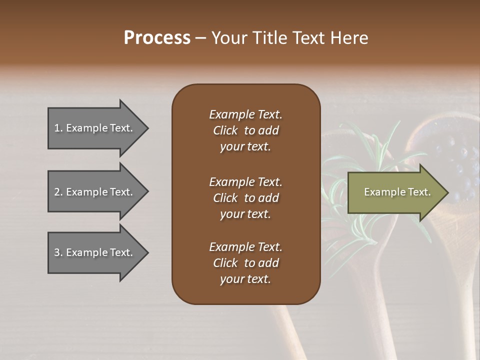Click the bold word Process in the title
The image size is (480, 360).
(157, 38)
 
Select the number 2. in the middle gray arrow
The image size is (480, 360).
(58, 192)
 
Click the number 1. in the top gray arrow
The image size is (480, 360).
(58, 128)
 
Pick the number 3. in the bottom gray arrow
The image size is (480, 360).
(58, 252)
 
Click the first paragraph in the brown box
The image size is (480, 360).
(245, 130)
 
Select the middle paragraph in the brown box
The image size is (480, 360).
(245, 198)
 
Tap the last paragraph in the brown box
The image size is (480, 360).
(245, 263)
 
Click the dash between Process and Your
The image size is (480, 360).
(200, 38)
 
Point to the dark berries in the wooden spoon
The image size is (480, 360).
(460, 160)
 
